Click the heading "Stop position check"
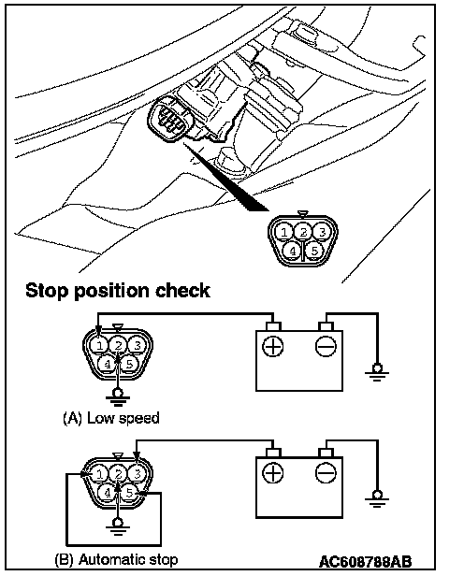tap(118, 291)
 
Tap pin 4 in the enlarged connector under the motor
tap(293, 252)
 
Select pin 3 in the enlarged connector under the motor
tap(322, 232)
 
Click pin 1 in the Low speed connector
tap(99, 346)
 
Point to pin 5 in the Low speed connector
tap(129, 364)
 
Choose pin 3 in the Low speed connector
tap(138, 345)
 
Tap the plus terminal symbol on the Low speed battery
tap(272, 346)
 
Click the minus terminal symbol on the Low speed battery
tap(326, 346)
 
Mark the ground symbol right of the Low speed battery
tap(377, 373)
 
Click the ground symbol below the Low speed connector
tap(118, 397)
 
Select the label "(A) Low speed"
tap(111, 418)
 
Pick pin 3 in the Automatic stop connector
tap(137, 474)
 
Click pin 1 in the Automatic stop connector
tap(99, 474)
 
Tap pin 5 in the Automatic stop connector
tap(129, 493)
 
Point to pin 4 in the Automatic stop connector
tap(108, 493)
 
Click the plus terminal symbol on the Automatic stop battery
tap(272, 473)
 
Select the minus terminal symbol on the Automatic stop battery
tap(326, 473)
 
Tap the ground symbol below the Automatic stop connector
tap(118, 526)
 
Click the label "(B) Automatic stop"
tap(116, 559)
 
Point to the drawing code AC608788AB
tap(365, 562)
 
